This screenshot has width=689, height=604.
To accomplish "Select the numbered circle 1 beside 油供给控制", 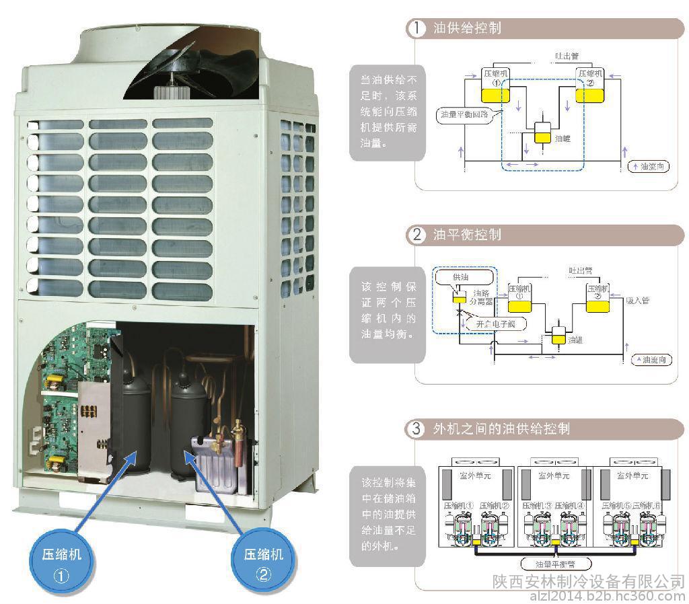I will [x=417, y=28].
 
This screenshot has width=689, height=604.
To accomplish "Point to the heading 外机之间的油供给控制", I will [x=501, y=428].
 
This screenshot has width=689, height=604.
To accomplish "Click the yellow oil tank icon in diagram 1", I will [x=542, y=133].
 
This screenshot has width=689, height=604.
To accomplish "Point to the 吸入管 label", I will [x=637, y=301].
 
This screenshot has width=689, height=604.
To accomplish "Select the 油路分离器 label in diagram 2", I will [x=482, y=297].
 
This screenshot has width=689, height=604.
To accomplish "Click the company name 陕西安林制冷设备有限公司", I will [x=588, y=580].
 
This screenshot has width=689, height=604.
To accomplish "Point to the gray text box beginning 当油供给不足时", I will [x=387, y=113].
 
